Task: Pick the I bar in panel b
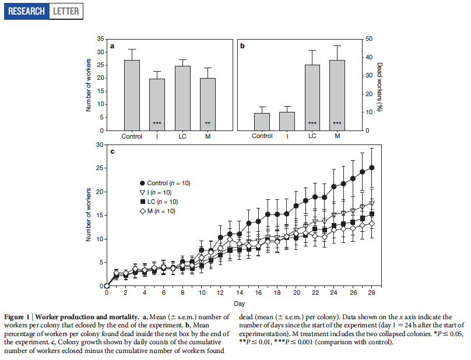coord(287,121)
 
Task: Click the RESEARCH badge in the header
coord(27,11)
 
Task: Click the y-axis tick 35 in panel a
coord(101,39)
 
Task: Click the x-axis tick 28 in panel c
coord(371,294)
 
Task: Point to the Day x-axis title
coord(239,304)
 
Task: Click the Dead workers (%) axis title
coord(379,84)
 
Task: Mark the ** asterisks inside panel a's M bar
coord(208,123)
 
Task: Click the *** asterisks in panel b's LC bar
coord(312,123)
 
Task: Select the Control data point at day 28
coord(371,168)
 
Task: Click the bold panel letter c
coord(112,152)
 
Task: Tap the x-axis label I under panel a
coord(157,136)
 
